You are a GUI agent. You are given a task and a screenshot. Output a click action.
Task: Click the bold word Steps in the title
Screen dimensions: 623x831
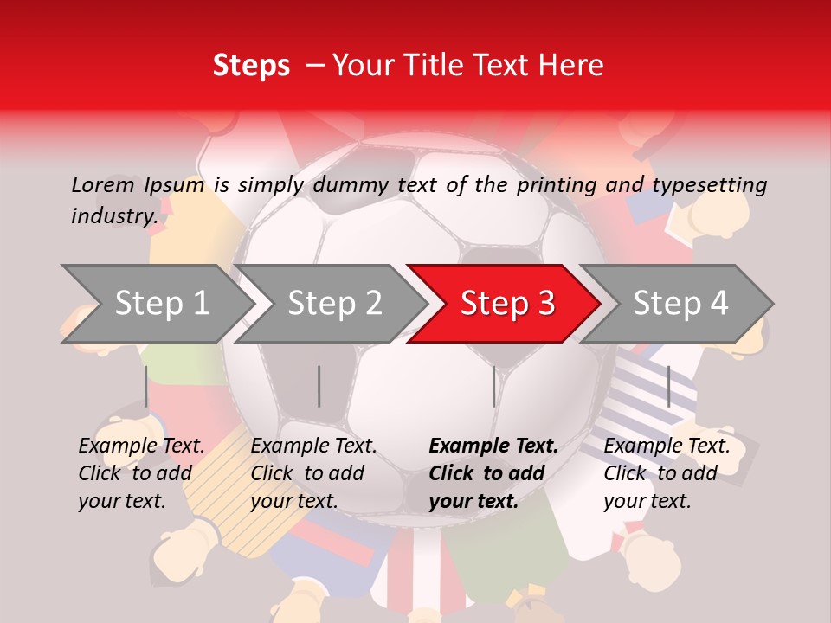pos(251,66)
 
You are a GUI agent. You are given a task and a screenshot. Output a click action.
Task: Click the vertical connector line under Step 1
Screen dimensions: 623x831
pos(146,386)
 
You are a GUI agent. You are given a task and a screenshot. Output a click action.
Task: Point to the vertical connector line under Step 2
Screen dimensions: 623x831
pos(319,386)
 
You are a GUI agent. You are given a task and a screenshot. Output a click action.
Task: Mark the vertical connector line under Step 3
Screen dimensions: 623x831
pos(493,386)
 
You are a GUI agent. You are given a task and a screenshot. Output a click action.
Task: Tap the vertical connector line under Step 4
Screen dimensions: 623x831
pos(668,386)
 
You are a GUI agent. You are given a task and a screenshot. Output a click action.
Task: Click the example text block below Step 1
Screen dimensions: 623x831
pos(141,473)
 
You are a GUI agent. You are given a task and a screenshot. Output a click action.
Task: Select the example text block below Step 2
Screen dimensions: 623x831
pos(313,473)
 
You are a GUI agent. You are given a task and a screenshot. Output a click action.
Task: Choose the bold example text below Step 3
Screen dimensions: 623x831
pos(493,473)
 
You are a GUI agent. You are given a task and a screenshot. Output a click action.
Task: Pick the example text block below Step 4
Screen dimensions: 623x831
pos(667,473)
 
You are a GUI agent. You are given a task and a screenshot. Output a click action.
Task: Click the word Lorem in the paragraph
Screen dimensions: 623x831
pos(103,184)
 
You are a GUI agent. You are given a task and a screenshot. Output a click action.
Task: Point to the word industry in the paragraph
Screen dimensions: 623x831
pos(113,215)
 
